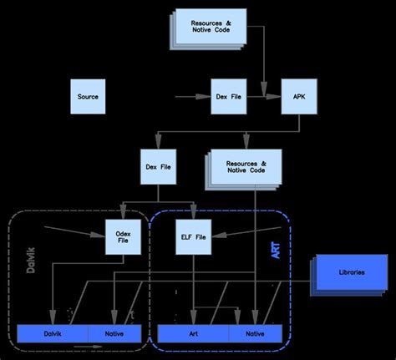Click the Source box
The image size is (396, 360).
point(88,97)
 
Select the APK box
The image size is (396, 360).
point(298,97)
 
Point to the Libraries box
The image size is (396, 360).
point(351,273)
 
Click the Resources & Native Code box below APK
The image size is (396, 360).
point(245,166)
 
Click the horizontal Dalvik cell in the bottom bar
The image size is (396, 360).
point(53,333)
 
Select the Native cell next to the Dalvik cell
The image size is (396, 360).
point(114,333)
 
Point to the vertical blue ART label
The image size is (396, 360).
point(277,251)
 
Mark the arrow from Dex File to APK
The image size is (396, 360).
point(266,98)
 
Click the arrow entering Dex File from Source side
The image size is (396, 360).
point(192,98)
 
